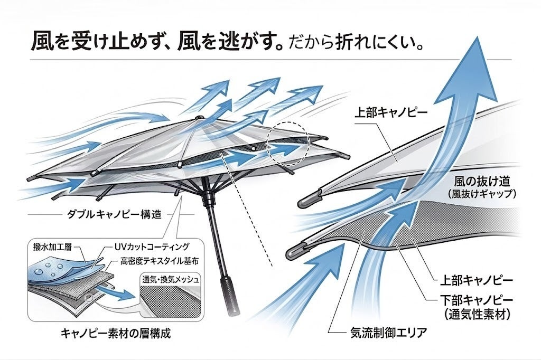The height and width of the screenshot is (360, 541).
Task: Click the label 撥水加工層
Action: click(52, 247)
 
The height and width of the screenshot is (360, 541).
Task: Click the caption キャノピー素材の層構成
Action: click(117, 334)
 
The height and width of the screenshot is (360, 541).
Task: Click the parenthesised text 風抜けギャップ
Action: click(481, 194)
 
